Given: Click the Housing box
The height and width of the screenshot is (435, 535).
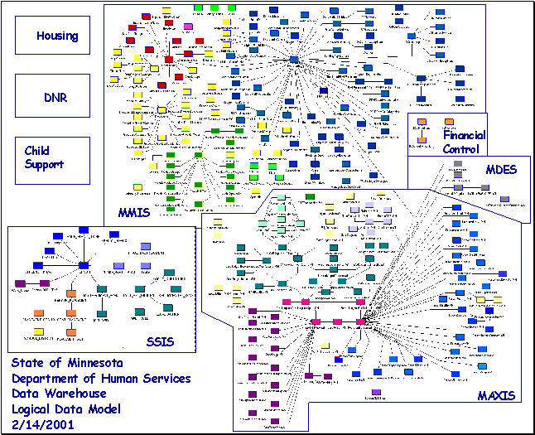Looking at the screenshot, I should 52,36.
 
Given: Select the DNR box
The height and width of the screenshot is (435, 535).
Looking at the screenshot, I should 52,96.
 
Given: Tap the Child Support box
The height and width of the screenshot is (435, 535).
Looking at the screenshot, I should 52,158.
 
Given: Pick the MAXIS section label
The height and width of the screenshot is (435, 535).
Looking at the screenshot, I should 496,395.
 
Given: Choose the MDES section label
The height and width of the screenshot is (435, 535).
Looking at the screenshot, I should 501,169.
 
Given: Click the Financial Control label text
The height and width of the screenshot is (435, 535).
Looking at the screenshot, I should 465,142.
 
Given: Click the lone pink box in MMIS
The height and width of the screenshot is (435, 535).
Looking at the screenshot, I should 188,27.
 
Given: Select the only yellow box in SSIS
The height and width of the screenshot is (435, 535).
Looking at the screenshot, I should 39,332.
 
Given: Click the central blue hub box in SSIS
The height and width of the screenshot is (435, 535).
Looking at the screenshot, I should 83,265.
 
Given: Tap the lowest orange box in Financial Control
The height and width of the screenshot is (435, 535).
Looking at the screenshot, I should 422,140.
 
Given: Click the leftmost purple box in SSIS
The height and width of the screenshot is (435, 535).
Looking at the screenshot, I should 20,283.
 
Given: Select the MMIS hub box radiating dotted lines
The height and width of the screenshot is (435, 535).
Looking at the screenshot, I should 293,59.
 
